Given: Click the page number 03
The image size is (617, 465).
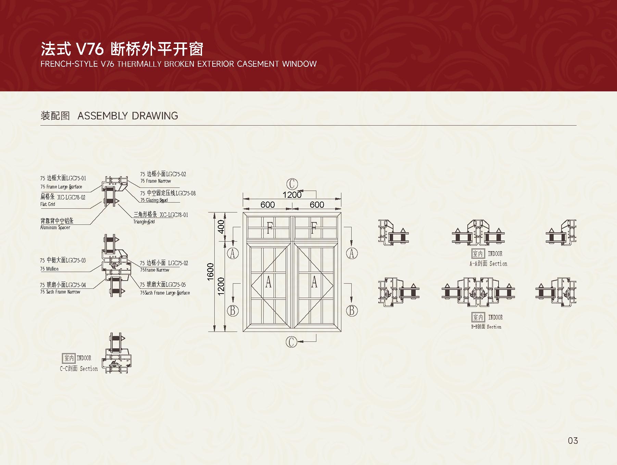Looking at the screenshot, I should point(572,440).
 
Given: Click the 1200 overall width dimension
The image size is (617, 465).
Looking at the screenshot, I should point(292,195).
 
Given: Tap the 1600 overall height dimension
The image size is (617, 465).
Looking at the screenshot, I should point(211,272).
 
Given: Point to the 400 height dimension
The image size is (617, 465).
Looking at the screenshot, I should point(221,227).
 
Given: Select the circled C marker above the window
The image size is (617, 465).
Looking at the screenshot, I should point(292,184).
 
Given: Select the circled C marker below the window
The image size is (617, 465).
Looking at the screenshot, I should point(291,341).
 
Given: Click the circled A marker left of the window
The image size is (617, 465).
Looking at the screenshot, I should point(233,253).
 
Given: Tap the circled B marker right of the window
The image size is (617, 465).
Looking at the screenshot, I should point(352,311).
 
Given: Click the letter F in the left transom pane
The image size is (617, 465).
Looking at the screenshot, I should point(269,228).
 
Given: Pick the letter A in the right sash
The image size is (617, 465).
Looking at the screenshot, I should point(314,282).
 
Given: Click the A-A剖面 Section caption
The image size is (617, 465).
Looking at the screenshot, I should point(488,264).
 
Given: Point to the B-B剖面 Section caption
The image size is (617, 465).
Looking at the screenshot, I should point(486,327).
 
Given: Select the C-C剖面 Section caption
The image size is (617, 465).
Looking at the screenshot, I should point(79,369).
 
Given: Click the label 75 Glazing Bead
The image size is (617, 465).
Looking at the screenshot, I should point(154,200).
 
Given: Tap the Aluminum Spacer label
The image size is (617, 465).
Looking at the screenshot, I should point(55,228).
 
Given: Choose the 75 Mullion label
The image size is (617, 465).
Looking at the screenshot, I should point(49,269).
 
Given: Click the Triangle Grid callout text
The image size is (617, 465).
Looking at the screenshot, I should point(144,222).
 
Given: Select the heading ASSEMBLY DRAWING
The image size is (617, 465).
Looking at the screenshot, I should point(128,116).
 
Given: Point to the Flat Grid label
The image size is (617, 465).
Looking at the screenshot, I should point(48,204).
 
